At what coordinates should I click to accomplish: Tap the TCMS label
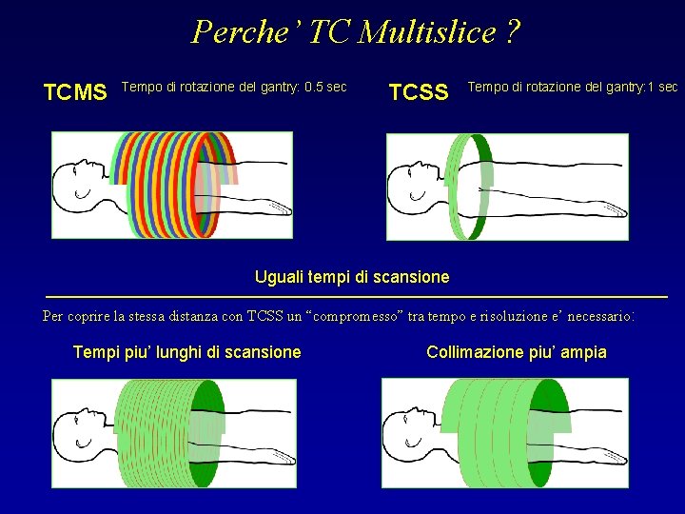pos(75,92)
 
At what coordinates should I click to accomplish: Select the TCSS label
pos(419,92)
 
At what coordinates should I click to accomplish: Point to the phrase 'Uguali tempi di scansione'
pos(352,277)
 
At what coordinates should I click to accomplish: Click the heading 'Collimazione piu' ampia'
pos(517,352)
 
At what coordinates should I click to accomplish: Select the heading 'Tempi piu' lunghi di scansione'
pos(186,352)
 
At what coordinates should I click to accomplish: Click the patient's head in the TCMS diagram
pos(76,182)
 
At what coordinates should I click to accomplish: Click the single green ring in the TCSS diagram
pos(467,187)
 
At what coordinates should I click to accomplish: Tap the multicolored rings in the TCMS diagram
pos(176,184)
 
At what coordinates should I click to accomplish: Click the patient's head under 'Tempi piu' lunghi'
pos(76,432)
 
